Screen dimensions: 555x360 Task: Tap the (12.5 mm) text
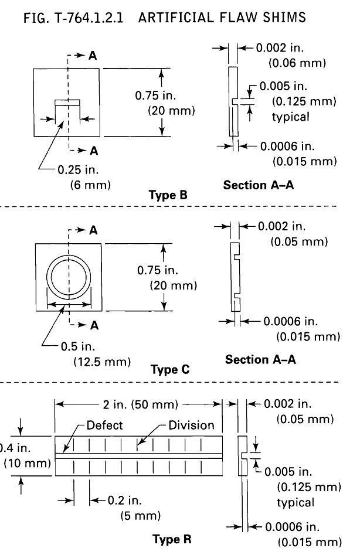101,362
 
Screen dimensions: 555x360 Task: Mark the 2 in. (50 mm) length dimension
138,404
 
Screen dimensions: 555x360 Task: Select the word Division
191,425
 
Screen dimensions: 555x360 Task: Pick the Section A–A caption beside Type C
260,360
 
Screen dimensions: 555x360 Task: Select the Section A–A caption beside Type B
258,185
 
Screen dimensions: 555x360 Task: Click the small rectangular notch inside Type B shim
66,103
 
